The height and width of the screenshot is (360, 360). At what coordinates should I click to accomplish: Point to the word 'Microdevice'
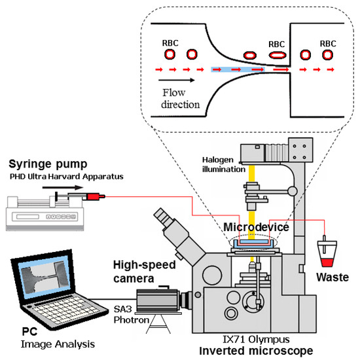coord(255,226)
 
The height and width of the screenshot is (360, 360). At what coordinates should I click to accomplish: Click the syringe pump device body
coord(33,209)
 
